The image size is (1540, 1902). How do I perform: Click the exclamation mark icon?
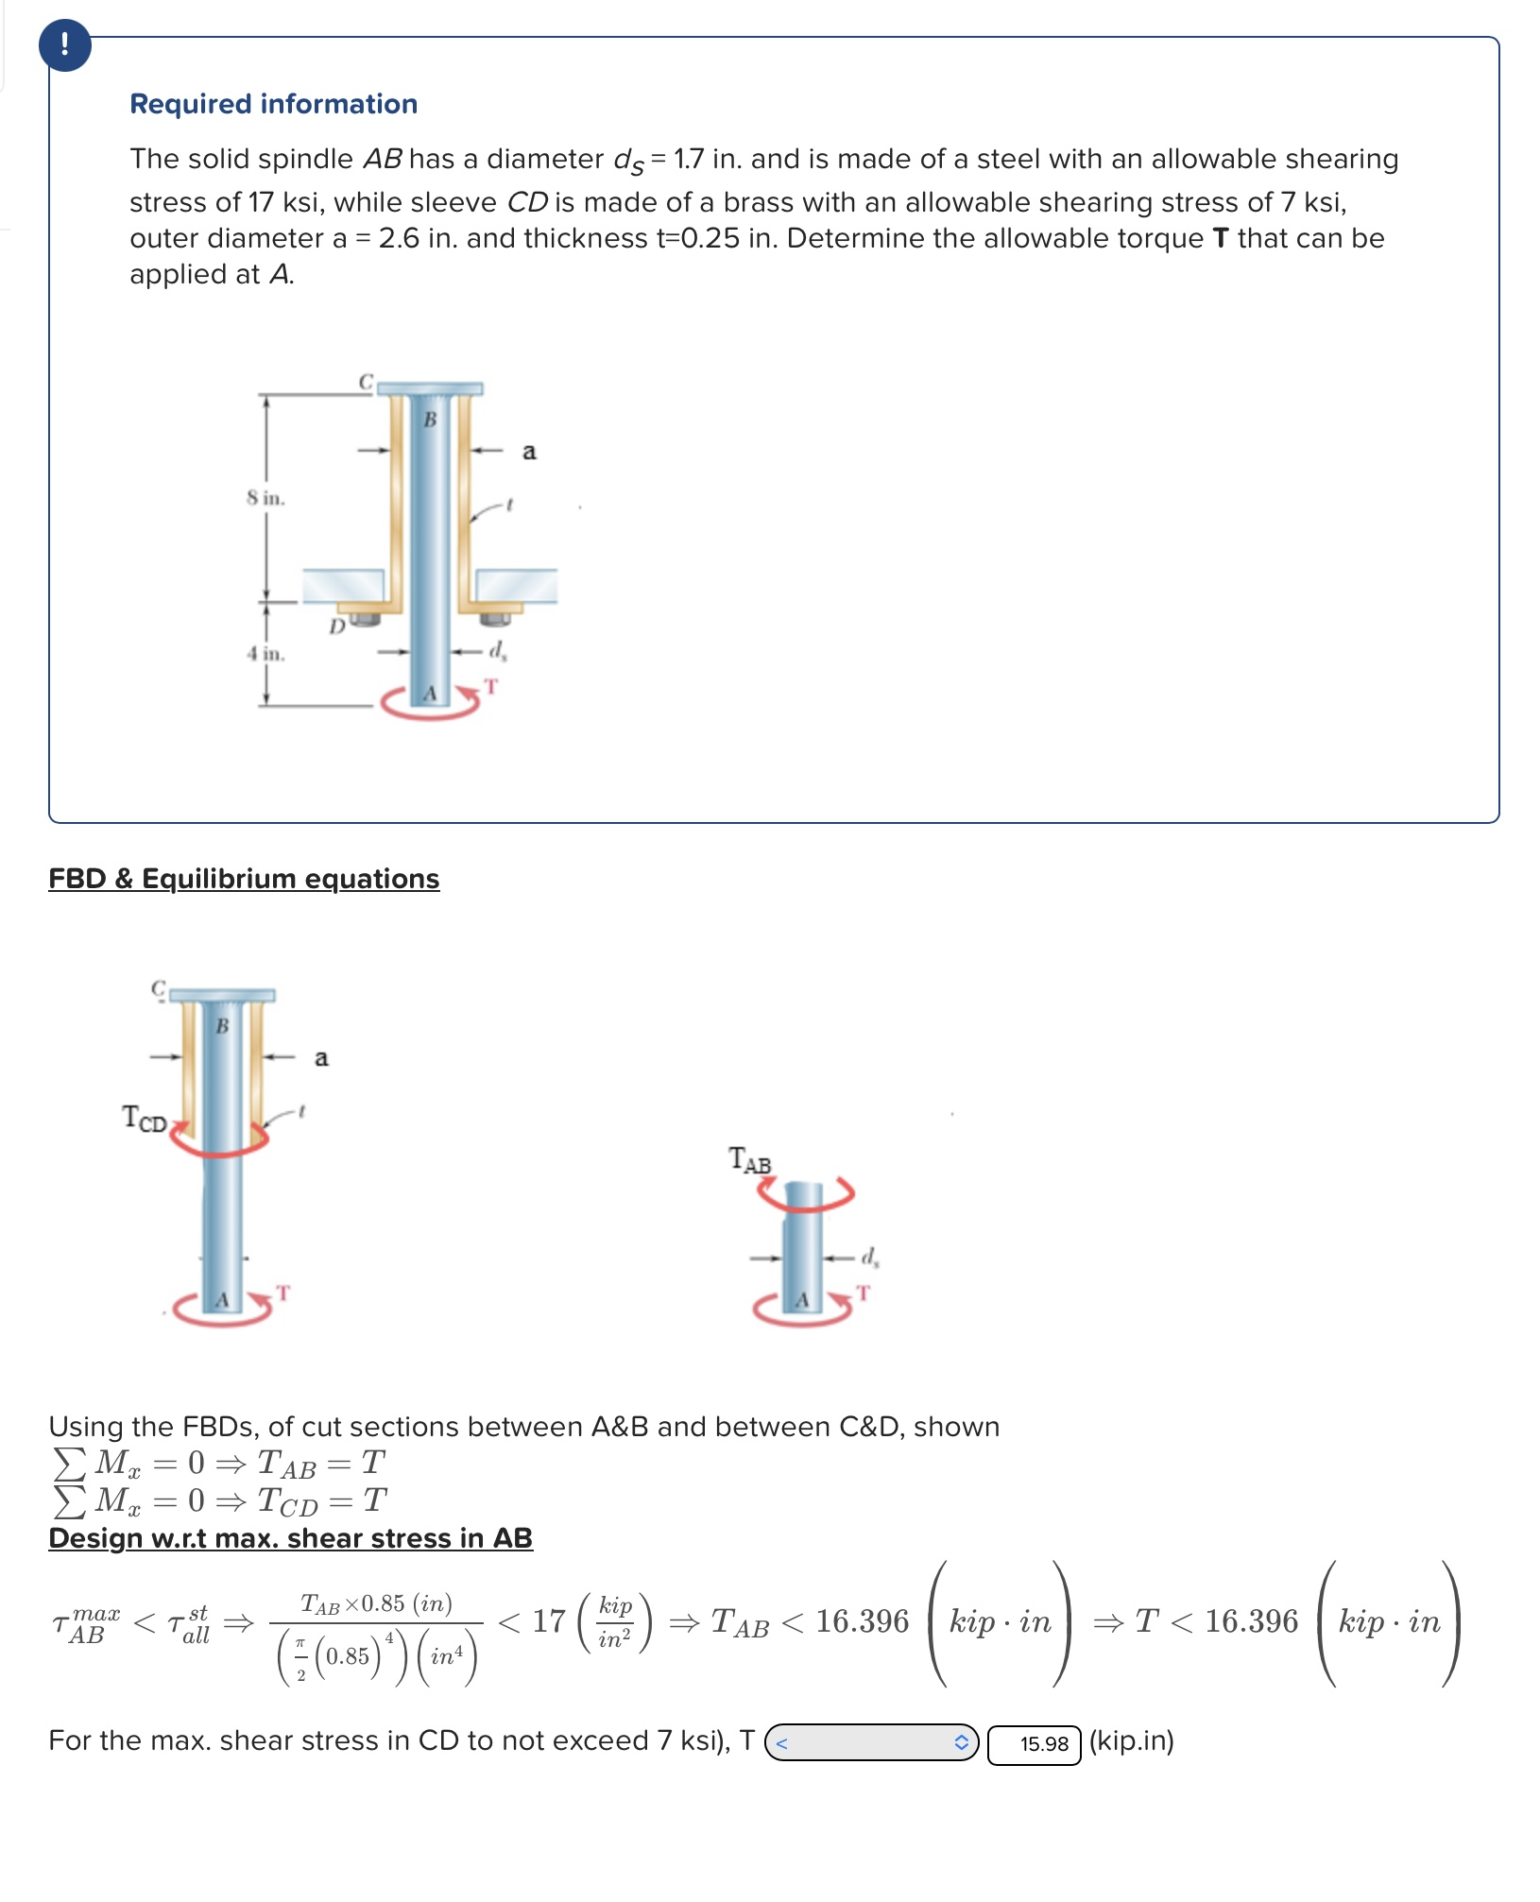[64, 44]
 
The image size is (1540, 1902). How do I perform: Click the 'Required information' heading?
[273, 104]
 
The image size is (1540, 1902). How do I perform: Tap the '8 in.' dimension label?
[265, 498]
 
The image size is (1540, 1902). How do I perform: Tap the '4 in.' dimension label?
[265, 654]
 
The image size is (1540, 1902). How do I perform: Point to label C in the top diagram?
[366, 382]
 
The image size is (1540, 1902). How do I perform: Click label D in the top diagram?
[336, 626]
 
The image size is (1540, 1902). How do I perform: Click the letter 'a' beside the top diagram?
[529, 452]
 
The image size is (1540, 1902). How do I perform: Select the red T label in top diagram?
[490, 686]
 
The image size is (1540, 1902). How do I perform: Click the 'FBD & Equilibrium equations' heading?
[244, 879]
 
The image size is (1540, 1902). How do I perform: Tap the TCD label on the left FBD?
[145, 1119]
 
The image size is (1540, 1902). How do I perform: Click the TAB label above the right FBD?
[750, 1160]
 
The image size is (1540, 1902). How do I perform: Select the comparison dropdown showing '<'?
[871, 1742]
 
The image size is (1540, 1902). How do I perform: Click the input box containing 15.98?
[1034, 1743]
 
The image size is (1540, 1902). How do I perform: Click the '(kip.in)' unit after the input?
[1132, 1740]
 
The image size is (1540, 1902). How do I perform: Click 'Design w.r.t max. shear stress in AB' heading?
[290, 1538]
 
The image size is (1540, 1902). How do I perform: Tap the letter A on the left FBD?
[222, 1301]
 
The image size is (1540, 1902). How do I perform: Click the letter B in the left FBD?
[222, 1026]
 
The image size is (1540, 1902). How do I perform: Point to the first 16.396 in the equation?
[862, 1621]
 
